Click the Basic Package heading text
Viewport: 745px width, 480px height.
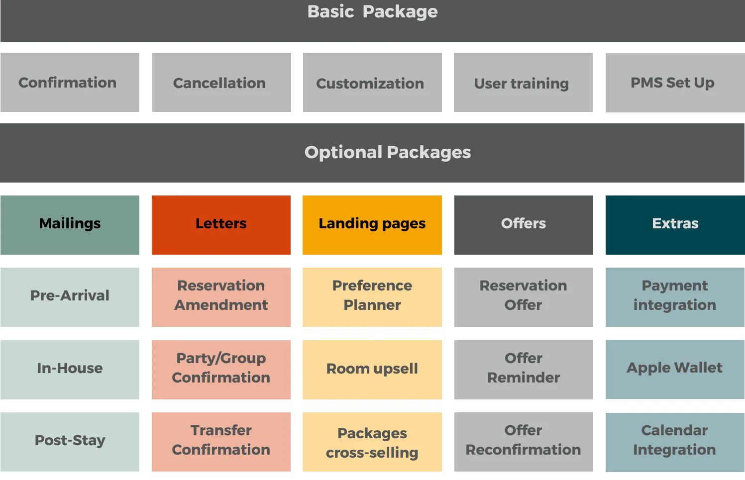[x=372, y=12]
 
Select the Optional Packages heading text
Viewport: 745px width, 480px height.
[x=388, y=153]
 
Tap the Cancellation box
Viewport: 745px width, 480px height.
[x=221, y=83]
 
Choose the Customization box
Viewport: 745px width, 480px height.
[x=372, y=83]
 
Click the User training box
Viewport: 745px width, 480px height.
[x=523, y=83]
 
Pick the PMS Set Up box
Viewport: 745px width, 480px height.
[x=675, y=83]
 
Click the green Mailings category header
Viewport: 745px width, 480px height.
[x=70, y=225]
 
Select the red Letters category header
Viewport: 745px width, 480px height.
[x=221, y=225]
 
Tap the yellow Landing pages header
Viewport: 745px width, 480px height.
[x=372, y=225]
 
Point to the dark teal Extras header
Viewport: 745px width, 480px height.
[x=675, y=225]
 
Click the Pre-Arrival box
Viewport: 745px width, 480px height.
[x=70, y=297]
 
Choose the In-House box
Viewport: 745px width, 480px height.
[x=70, y=370]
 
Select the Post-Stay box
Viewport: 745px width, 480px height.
[x=70, y=442]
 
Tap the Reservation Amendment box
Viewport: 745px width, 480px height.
[x=221, y=297]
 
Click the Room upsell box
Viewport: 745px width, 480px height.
[x=372, y=370]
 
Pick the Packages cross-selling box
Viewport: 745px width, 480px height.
[x=372, y=442]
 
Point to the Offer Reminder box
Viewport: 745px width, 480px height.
[x=524, y=370]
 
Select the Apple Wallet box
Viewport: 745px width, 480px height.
[x=675, y=369]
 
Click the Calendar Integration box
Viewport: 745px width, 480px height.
[x=675, y=442]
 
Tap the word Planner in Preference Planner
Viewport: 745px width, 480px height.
[x=372, y=305]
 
